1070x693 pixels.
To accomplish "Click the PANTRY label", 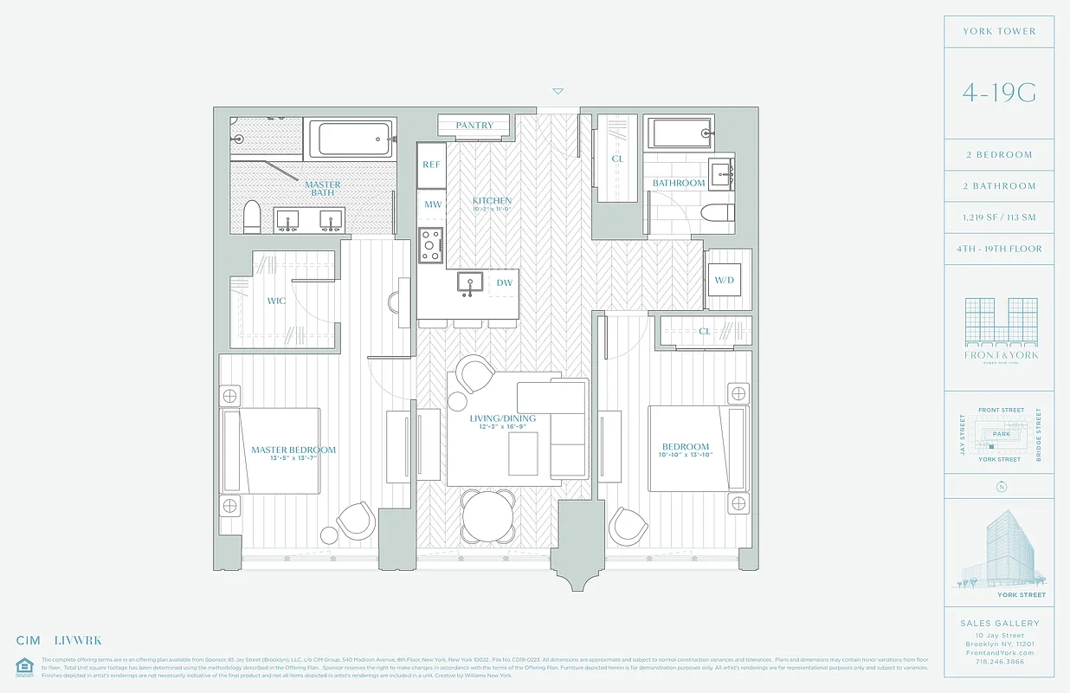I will coord(474,126).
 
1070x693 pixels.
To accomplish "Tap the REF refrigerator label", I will coord(431,165).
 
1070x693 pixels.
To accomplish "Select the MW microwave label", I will coord(432,204).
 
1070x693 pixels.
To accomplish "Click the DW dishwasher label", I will coord(504,282).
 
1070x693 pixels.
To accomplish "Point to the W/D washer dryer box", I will coord(724,280).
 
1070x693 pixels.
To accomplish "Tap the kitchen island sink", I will coord(469,282).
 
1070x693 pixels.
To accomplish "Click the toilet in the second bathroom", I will coord(717,213).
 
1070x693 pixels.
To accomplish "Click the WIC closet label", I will coord(276,301).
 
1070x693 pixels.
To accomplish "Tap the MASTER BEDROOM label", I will coord(293,450).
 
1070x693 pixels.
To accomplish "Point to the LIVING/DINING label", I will coord(503,418).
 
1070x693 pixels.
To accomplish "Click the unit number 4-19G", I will coord(999,94).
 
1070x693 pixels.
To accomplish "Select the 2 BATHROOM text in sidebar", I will coord(999,186).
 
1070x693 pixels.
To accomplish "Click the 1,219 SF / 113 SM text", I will coord(999,217).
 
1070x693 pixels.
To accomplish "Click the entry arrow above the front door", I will coord(558,91).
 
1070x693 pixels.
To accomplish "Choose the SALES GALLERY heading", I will coord(999,623).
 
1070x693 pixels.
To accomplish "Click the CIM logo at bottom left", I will coord(29,641).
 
